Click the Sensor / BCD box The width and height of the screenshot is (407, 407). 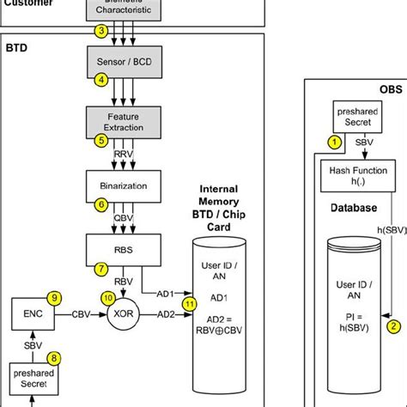pyautogui.click(x=124, y=63)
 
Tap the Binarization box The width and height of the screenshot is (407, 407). pyautogui.click(x=124, y=185)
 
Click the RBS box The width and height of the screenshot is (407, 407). pyautogui.click(x=124, y=249)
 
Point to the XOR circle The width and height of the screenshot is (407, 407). pyautogui.click(x=124, y=314)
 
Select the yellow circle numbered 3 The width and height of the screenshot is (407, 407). pyautogui.click(x=101, y=32)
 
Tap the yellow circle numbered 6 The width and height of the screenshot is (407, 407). pyautogui.click(x=101, y=205)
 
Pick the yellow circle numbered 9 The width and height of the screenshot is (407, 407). pyautogui.click(x=54, y=298)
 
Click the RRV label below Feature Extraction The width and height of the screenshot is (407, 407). pyautogui.click(x=124, y=155)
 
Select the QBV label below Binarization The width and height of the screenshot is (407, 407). pyautogui.click(x=124, y=218)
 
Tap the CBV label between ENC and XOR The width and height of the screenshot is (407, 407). pyautogui.click(x=82, y=314)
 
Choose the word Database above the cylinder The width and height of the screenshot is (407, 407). pyautogui.click(x=355, y=208)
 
